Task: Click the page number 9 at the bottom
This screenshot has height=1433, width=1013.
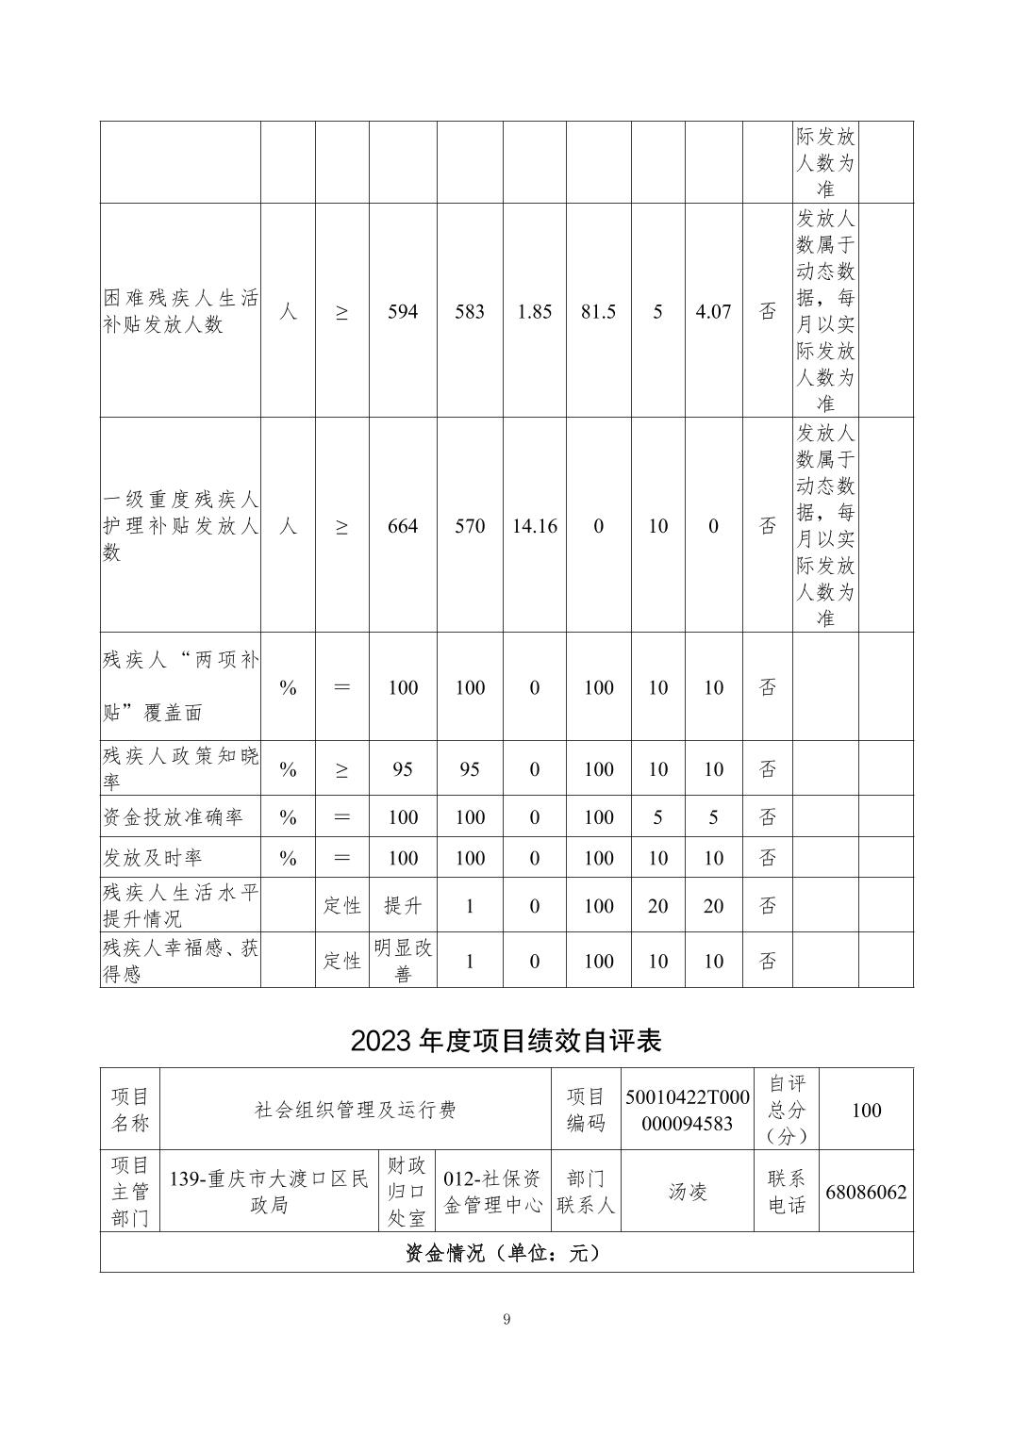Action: (506, 1319)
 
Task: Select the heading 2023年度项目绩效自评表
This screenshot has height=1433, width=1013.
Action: (506, 1040)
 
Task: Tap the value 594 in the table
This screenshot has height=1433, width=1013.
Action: (403, 311)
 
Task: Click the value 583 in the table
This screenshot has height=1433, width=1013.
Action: (470, 311)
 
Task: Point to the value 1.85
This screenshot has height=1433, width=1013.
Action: (535, 311)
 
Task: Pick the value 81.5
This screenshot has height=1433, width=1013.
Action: (598, 311)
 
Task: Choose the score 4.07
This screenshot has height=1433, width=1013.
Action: (713, 311)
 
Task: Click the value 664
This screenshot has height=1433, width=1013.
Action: (403, 526)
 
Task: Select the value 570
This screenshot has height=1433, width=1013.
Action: (470, 526)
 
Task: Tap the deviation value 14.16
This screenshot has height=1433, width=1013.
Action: (535, 526)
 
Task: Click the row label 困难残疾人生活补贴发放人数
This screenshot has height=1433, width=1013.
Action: (180, 311)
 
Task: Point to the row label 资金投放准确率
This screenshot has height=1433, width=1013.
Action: (173, 816)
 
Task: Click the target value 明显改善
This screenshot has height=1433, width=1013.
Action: (403, 961)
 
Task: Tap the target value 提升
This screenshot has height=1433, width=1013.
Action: (403, 906)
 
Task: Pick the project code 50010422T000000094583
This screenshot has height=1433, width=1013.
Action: (687, 1110)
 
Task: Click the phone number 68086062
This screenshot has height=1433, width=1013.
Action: (866, 1192)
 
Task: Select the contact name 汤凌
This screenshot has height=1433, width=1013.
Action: (687, 1192)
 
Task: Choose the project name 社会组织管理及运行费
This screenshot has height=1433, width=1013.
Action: (356, 1110)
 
